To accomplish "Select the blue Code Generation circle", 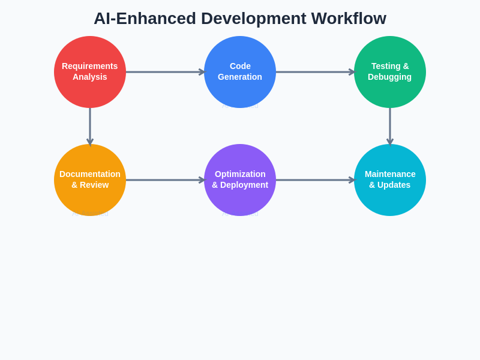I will click(x=240, y=90).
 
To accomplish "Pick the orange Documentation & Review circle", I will click(x=90, y=198).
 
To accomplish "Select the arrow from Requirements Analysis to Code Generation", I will click(x=165, y=72).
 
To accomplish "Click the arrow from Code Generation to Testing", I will click(x=315, y=72).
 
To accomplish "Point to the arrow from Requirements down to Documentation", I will click(x=90, y=126).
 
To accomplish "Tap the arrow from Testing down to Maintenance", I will click(x=390, y=126).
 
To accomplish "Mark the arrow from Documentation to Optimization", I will click(x=165, y=180).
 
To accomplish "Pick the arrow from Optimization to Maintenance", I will click(x=315, y=180).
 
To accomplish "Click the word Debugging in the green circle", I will click(x=389, y=77).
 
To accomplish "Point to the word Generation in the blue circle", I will click(x=240, y=77).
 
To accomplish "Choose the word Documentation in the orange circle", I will click(x=90, y=174).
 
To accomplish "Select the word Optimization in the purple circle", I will click(x=240, y=174).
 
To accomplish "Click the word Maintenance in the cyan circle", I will click(x=390, y=174).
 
